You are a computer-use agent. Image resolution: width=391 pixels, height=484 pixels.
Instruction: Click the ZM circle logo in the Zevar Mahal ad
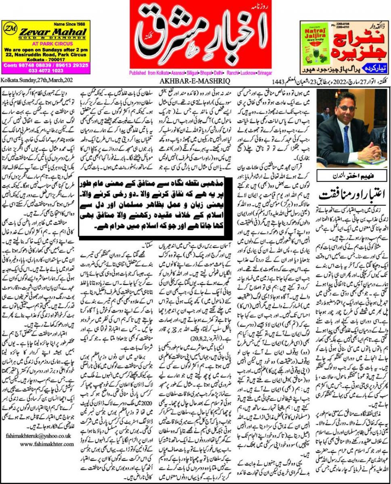point(9,29)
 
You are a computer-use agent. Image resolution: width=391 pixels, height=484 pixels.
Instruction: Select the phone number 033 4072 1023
point(40,70)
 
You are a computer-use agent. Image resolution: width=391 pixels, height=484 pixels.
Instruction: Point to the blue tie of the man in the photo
point(347,137)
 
